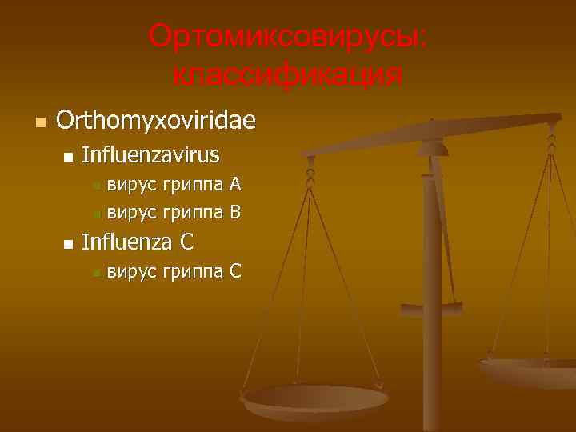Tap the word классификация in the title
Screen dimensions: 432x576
click(x=287, y=76)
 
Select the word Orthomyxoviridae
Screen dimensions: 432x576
click(x=156, y=121)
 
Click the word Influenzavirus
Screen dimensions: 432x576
click(x=150, y=154)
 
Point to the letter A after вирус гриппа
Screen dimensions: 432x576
click(x=235, y=185)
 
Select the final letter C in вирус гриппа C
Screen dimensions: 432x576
click(x=235, y=271)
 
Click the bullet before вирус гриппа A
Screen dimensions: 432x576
click(x=96, y=186)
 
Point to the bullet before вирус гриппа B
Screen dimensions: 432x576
click(x=96, y=214)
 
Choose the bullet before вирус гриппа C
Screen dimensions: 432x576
click(x=96, y=274)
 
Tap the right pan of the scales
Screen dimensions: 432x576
click(x=532, y=370)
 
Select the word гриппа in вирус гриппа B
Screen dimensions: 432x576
click(x=192, y=214)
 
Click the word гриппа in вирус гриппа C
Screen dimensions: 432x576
click(x=192, y=273)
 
